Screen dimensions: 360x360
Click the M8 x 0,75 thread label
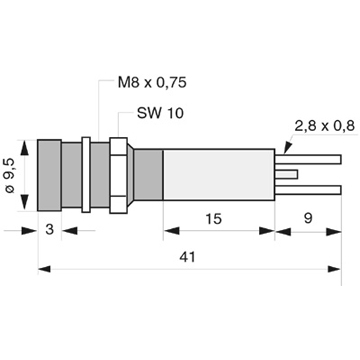152,83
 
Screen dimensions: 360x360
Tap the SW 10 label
160,113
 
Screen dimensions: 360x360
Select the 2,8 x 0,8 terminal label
324,126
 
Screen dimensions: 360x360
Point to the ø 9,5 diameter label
10,175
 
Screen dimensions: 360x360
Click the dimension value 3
49,229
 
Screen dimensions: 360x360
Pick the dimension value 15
213,219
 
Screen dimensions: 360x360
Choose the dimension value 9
308,219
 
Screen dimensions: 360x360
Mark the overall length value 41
188,257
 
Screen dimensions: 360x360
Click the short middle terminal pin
286,174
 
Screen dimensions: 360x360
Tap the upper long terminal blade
308,159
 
